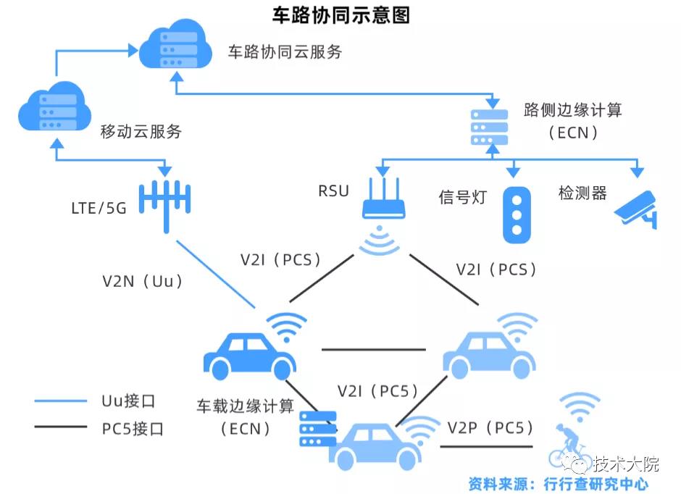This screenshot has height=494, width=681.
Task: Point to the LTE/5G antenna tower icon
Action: point(164,204)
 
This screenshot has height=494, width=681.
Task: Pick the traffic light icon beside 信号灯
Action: point(516,214)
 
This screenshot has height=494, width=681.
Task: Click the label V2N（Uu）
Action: point(143,281)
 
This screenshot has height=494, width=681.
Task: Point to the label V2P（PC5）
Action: point(490,427)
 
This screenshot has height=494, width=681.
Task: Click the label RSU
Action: point(333,191)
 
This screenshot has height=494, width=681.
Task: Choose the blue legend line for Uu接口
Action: point(61,400)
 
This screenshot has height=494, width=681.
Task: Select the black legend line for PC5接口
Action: point(61,428)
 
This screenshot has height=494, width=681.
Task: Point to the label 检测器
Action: point(582,193)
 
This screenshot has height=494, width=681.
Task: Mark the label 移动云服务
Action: point(141,132)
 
